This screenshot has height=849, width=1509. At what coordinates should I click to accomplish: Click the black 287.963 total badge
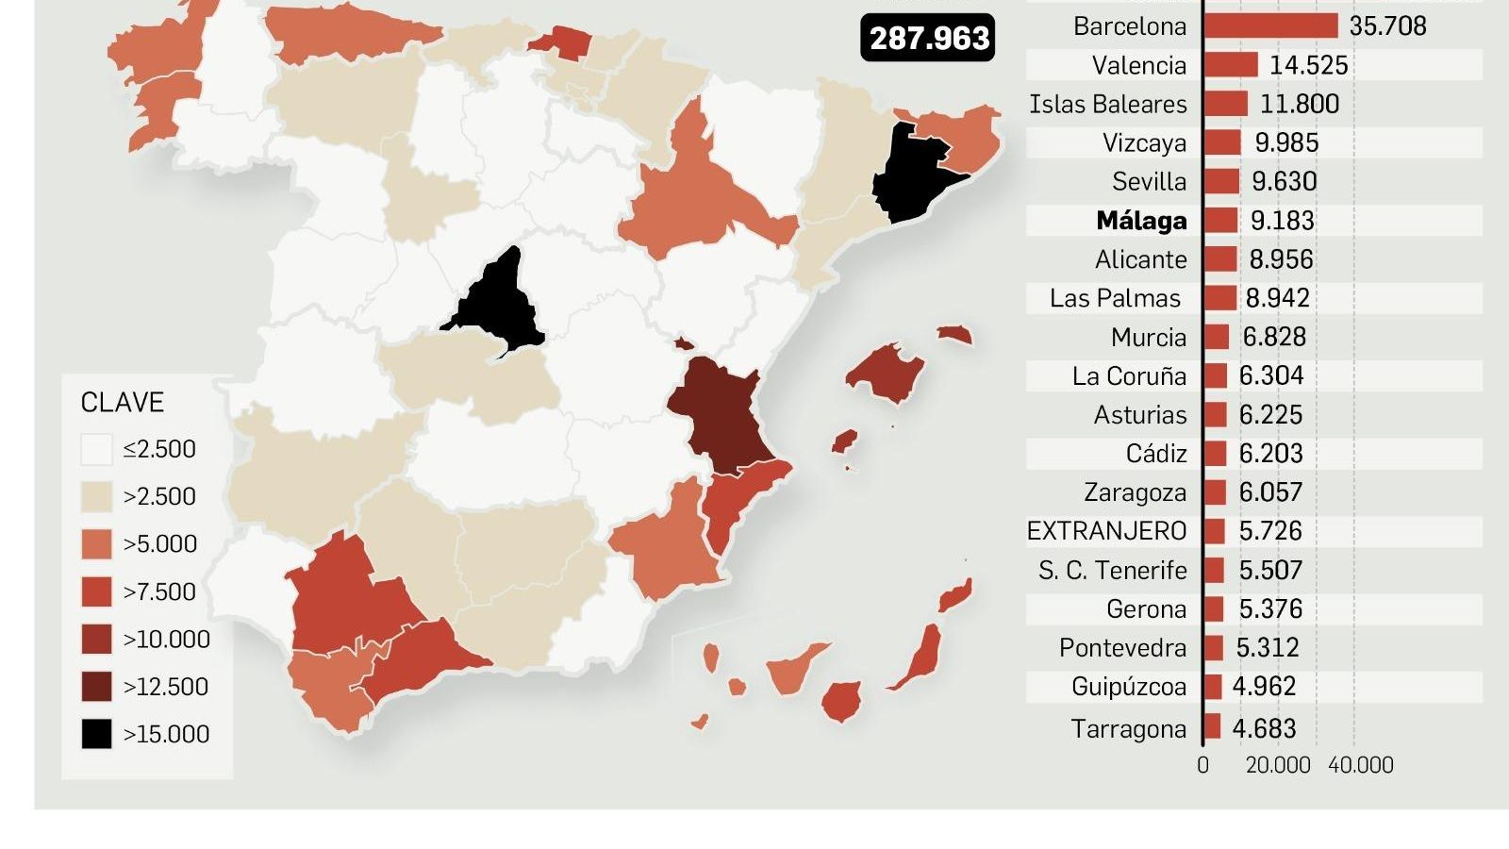click(928, 39)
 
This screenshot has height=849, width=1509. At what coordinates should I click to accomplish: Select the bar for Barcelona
click(1270, 26)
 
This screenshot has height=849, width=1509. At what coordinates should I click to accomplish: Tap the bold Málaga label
click(1141, 221)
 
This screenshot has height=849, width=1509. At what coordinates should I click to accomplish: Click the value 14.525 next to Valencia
click(1308, 65)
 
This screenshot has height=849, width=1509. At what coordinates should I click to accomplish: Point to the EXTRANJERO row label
click(1106, 531)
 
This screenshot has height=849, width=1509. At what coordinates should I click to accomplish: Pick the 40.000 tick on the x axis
click(1360, 765)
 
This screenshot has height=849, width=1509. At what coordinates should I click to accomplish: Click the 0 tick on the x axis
click(1202, 765)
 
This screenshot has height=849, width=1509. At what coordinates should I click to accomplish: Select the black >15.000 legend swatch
click(96, 734)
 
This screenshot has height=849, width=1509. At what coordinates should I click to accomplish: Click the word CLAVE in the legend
click(123, 403)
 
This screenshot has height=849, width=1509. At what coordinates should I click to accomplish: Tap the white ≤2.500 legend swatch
click(96, 449)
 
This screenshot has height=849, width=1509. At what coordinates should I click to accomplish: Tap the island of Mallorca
click(884, 370)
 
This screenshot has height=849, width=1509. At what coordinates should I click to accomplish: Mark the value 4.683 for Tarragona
click(1264, 728)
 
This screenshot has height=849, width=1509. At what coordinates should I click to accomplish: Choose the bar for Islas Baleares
click(1225, 104)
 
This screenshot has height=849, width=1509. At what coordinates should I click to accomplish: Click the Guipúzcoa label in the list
click(1128, 687)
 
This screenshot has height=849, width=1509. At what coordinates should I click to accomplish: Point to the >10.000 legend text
click(166, 640)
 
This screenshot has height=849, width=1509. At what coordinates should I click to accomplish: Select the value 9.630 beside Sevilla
click(1284, 181)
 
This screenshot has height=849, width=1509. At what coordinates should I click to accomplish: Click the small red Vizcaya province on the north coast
click(560, 42)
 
